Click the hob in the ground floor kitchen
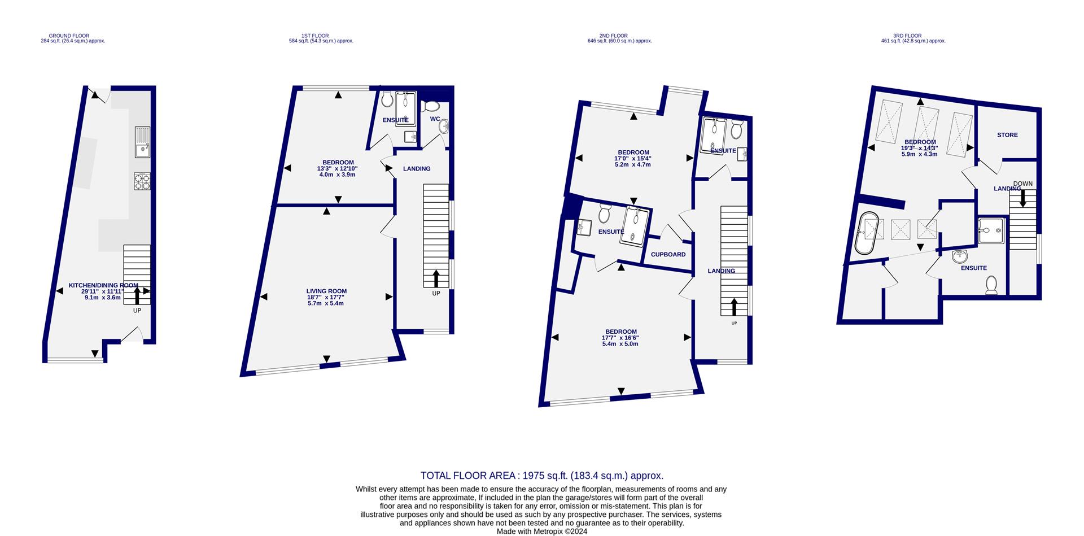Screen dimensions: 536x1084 pyautogui.click(x=142, y=181)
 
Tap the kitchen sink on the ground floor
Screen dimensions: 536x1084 pyautogui.click(x=142, y=142)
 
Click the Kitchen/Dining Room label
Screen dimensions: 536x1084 pyautogui.click(x=103, y=286)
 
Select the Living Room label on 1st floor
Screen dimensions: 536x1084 pyautogui.click(x=326, y=291)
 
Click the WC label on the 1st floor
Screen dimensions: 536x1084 pyautogui.click(x=435, y=119)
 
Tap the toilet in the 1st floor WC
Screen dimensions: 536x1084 pyautogui.click(x=432, y=106)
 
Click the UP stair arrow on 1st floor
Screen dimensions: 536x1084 pyautogui.click(x=436, y=280)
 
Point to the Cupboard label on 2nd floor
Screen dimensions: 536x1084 pyautogui.click(x=668, y=255)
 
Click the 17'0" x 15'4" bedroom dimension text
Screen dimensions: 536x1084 pyautogui.click(x=633, y=159)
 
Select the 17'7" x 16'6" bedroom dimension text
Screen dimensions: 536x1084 pyautogui.click(x=620, y=338)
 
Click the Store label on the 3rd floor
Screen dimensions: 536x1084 pyautogui.click(x=1007, y=135)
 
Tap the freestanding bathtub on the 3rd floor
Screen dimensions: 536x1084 pyautogui.click(x=867, y=233)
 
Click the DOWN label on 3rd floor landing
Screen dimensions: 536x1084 pyautogui.click(x=1022, y=184)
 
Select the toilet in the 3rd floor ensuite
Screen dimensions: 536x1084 pyautogui.click(x=991, y=286)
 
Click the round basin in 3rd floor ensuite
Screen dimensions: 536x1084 pyautogui.click(x=960, y=257)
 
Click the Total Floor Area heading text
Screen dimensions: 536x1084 pyautogui.click(x=541, y=476)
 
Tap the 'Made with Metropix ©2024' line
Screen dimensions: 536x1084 pyautogui.click(x=541, y=531)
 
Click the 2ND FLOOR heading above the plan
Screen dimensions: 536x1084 pyautogui.click(x=619, y=36)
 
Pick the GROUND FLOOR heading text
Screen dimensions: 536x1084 pyautogui.click(x=69, y=36)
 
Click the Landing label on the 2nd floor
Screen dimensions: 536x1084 pyautogui.click(x=721, y=271)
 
